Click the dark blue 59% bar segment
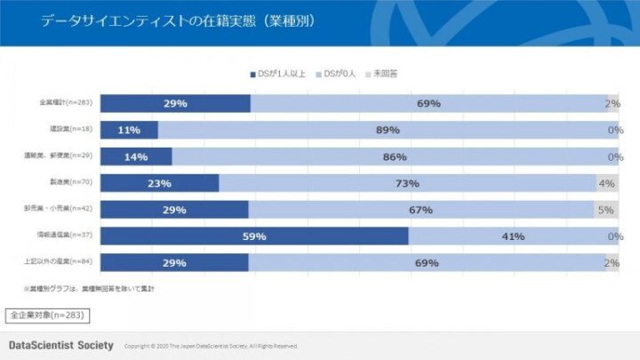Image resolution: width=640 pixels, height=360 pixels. click(254, 236)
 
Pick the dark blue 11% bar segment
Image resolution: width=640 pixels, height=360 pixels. click(129, 130)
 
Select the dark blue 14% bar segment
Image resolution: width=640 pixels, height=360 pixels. click(136, 156)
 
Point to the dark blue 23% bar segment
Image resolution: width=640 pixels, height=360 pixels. click(159, 183)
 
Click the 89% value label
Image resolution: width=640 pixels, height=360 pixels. click(388, 130)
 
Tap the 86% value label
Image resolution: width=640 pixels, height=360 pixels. click(395, 156)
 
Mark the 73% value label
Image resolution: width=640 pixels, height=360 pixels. click(407, 183)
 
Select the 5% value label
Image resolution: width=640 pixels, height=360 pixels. click(605, 210)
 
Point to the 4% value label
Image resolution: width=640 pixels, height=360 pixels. click(606, 183)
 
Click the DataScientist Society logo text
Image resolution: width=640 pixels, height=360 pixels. click(61, 345)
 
